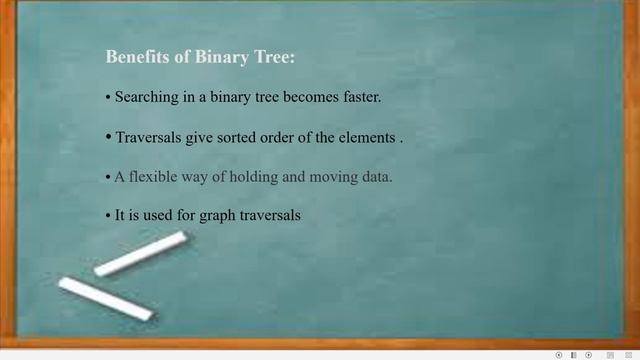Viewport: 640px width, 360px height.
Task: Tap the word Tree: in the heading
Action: click(x=275, y=58)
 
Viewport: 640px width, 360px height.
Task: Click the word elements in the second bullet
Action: click(x=367, y=137)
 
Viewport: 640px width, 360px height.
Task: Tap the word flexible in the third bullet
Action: click(x=152, y=177)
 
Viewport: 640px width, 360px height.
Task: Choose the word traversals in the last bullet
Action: click(x=270, y=215)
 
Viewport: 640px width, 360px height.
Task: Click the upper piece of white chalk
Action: click(x=141, y=254)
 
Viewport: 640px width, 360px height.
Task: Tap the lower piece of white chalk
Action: click(x=105, y=299)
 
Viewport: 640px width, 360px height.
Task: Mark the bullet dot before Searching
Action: click(x=108, y=99)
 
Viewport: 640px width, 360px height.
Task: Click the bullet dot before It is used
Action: click(x=108, y=216)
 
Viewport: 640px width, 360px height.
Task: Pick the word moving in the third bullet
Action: click(x=325, y=177)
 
